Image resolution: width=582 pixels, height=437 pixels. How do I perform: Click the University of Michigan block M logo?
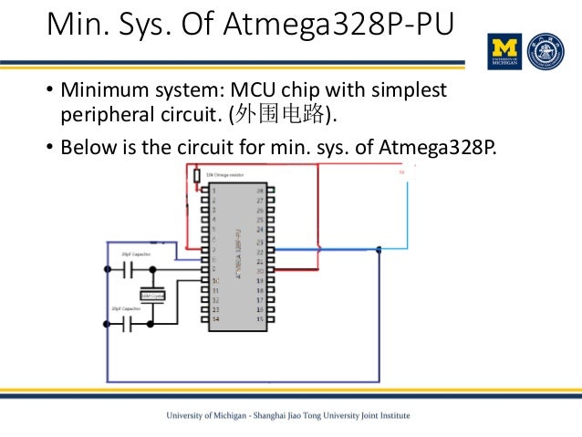pos(505,52)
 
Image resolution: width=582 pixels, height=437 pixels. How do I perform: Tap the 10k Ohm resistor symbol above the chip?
pos(196,176)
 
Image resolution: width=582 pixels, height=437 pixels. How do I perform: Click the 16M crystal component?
pos(151,295)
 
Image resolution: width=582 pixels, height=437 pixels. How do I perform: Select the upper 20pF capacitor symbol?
pos(128,269)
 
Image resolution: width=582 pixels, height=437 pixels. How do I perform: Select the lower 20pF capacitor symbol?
pos(128,323)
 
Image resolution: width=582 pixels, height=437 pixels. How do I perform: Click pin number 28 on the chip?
pos(260,190)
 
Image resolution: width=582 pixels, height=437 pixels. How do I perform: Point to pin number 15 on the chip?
pos(260,319)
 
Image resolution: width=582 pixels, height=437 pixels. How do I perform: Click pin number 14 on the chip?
pos(215,319)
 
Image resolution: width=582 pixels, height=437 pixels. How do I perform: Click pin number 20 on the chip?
pos(260,270)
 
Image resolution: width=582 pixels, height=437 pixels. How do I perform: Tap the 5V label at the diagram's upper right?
pos(400,171)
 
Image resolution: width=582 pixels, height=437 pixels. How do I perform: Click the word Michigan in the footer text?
pos(225,415)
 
